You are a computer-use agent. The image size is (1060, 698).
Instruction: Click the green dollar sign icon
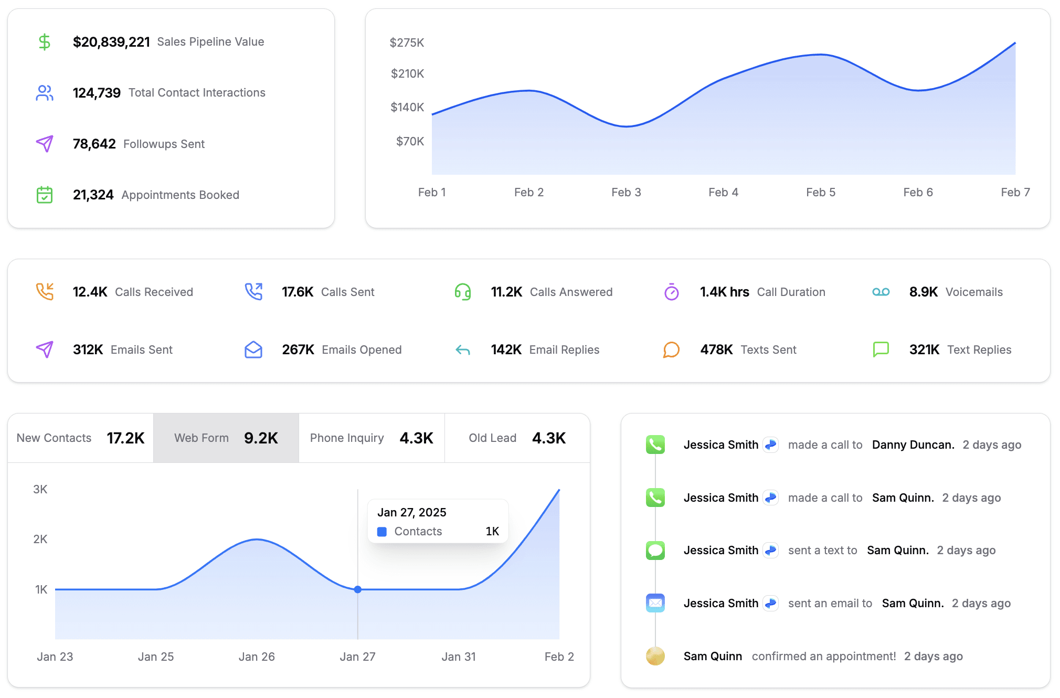45,41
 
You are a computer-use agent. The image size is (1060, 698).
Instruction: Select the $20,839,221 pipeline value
111,42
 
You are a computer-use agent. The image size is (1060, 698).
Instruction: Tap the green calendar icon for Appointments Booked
45,195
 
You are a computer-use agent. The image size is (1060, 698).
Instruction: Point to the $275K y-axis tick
407,43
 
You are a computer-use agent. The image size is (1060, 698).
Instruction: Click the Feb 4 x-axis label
723,192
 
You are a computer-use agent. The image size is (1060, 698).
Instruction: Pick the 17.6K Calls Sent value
298,292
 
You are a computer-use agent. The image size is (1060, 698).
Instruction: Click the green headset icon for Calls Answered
463,292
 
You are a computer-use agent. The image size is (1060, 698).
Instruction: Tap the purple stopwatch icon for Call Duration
672,292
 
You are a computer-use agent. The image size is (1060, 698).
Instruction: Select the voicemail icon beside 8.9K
881,292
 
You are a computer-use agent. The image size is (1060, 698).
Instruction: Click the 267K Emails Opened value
298,350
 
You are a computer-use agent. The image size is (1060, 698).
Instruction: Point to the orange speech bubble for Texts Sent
672,350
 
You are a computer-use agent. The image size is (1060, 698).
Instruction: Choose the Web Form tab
226,438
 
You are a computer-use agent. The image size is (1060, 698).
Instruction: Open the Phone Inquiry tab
372,438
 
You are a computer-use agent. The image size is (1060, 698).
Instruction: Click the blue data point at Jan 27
358,589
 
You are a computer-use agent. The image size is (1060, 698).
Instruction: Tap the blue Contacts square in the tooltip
382,532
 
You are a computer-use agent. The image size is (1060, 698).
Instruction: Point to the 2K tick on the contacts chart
40,539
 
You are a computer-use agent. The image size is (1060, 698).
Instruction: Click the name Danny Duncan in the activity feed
913,445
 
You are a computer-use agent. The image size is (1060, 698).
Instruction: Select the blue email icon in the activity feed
655,603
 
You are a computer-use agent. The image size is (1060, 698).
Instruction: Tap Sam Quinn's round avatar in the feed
655,656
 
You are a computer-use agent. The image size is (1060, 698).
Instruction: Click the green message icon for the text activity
655,550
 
